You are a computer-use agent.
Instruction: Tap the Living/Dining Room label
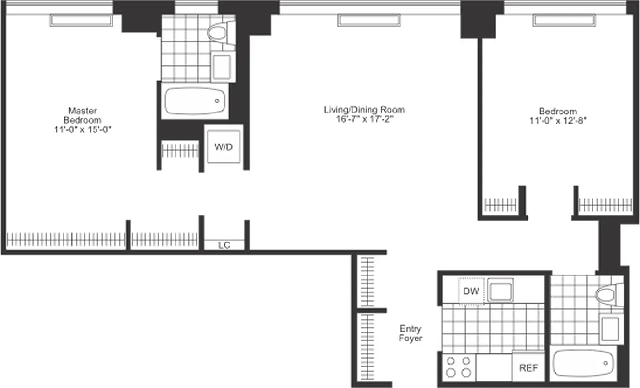coord(364,110)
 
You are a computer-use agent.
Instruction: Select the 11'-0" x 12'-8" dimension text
coord(558,120)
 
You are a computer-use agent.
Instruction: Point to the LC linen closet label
coord(224,245)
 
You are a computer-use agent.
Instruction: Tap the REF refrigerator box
coord(528,368)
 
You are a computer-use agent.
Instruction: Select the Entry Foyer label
coord(410,334)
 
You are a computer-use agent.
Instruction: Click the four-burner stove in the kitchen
coord(459,367)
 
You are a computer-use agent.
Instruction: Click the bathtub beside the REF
coord(584,363)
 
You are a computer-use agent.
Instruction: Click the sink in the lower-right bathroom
coord(611,328)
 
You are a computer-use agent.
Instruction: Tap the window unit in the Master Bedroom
coord(81,20)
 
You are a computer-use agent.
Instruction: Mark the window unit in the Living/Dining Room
coord(369,20)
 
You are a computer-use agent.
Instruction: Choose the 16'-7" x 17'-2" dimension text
coord(364,119)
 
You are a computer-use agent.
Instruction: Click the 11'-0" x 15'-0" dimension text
coord(85,129)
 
